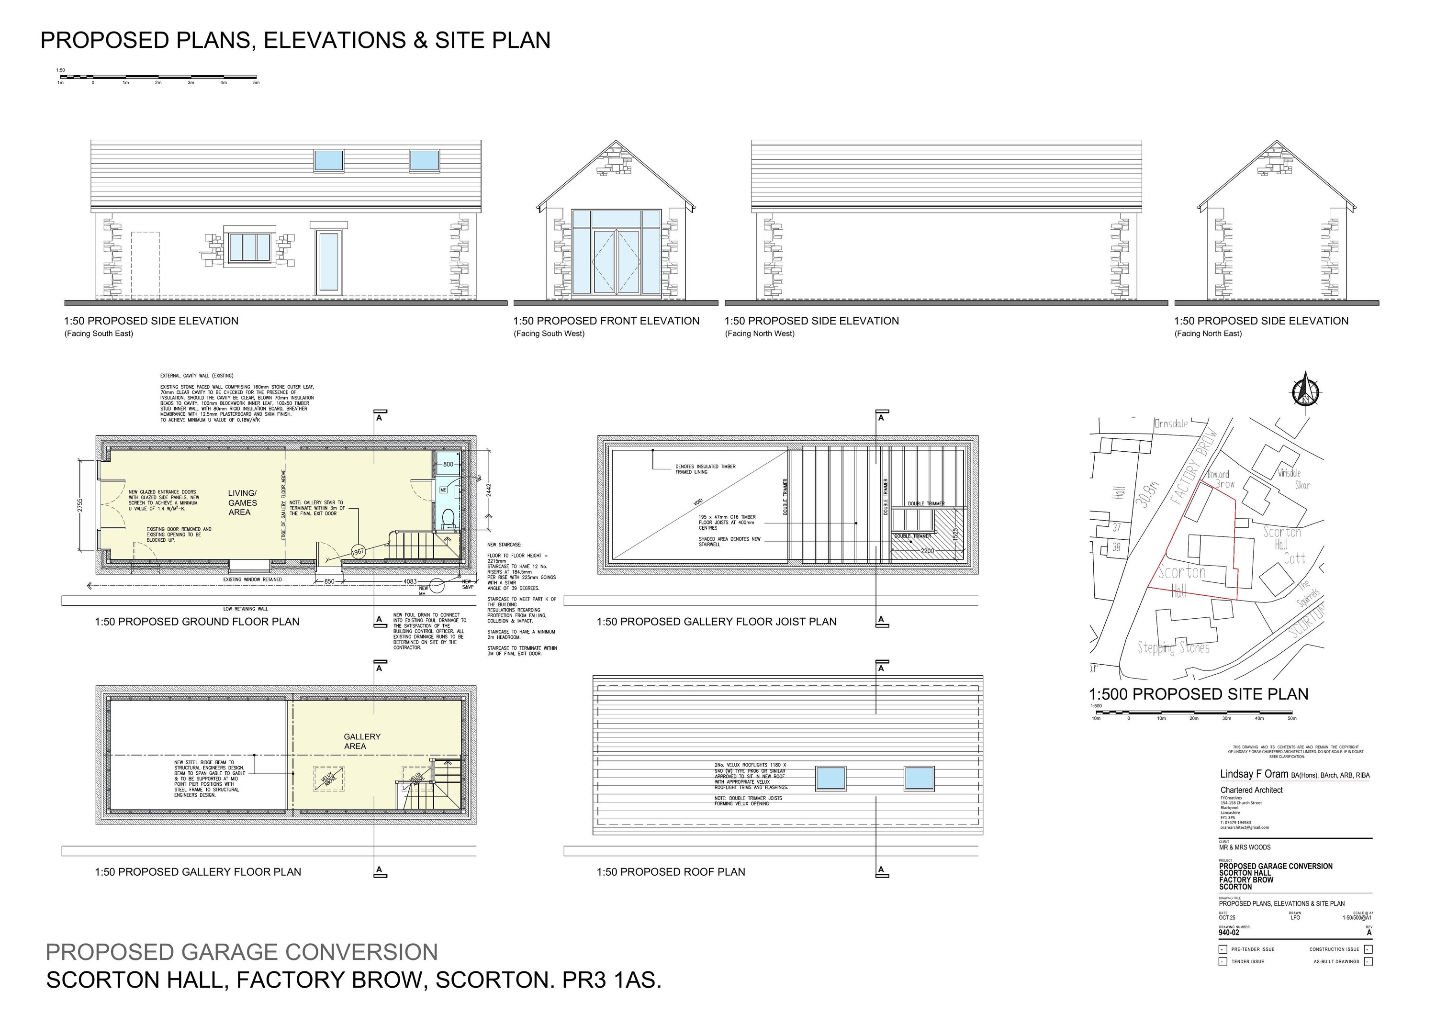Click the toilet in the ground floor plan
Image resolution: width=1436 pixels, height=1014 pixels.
tap(448, 518)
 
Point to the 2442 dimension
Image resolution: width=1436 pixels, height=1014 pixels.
tap(489, 490)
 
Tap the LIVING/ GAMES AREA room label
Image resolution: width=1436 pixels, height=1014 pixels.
tap(242, 502)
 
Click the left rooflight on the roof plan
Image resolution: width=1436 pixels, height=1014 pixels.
tap(830, 778)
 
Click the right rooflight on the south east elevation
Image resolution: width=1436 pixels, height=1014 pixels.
tap(425, 160)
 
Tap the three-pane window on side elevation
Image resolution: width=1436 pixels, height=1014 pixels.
tap(248, 247)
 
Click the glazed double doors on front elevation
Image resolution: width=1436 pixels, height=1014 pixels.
tap(616, 261)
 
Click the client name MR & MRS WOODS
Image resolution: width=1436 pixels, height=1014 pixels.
tap(1244, 847)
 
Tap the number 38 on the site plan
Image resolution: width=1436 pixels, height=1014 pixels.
tap(1116, 547)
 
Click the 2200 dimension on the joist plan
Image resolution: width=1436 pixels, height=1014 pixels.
tap(927, 551)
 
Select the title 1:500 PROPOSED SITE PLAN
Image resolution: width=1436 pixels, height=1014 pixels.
tap(1198, 694)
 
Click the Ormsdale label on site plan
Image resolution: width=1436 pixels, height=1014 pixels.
tap(1171, 424)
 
